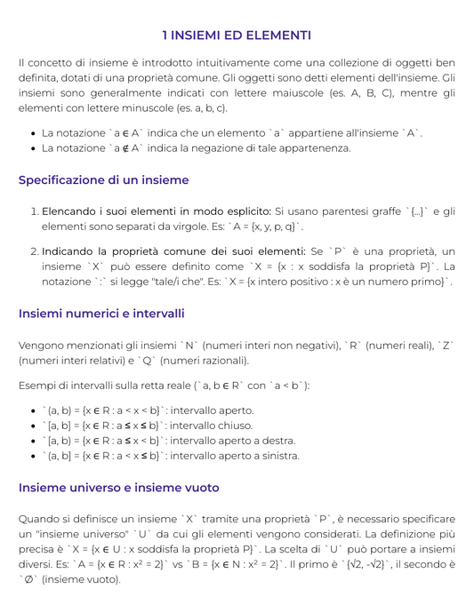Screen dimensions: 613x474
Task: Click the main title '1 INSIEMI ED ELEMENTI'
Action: [237, 35]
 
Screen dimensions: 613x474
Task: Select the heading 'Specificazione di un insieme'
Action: [103, 179]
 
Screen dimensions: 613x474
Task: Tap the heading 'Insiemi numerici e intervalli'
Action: [101, 314]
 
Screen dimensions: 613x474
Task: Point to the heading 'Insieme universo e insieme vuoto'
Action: [118, 488]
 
